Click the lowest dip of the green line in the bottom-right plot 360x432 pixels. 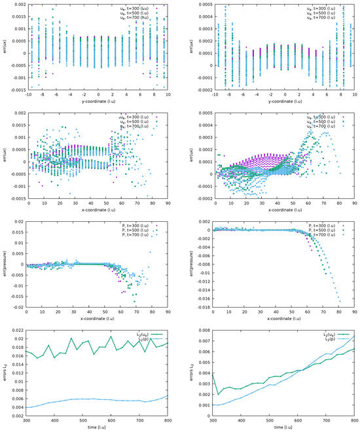tap(218, 395)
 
